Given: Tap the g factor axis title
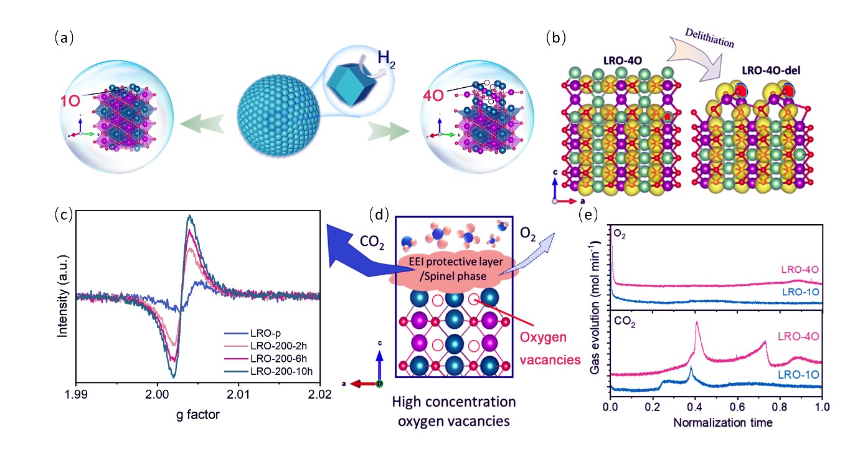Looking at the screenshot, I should [198, 413].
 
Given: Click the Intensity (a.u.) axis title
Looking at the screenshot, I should [62, 299].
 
